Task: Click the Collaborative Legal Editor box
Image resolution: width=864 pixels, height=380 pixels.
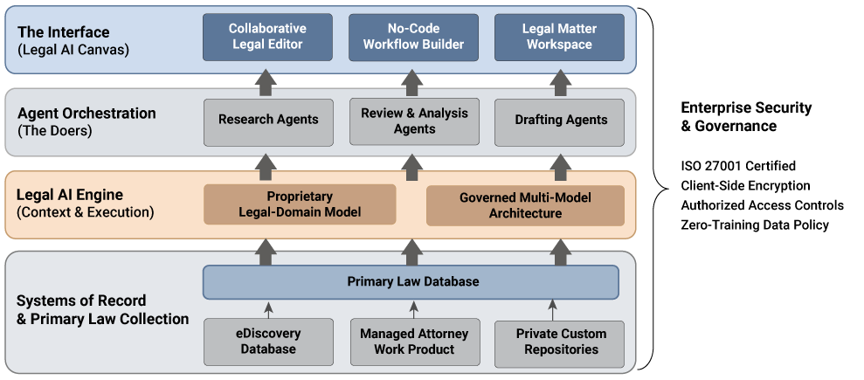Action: [x=267, y=37]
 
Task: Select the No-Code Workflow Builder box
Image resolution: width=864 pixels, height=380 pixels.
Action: [x=413, y=37]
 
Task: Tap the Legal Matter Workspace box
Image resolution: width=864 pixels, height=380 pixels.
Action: [x=559, y=37]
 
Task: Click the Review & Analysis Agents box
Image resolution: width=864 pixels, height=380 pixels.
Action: [x=414, y=121]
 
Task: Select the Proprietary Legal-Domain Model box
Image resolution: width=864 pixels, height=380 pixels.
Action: [x=300, y=205]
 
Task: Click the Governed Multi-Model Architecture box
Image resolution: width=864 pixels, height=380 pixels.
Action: [x=525, y=205]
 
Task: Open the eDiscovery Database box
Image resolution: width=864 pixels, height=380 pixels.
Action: [x=267, y=342]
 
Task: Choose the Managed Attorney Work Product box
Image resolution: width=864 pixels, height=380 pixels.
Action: [x=414, y=342]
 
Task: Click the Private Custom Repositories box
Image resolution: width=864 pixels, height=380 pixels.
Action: [x=560, y=342]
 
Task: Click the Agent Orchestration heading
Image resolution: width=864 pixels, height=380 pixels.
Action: [x=86, y=114]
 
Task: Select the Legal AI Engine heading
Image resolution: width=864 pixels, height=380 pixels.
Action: [x=70, y=195]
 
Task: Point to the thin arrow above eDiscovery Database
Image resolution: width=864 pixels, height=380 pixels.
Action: [x=268, y=309]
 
